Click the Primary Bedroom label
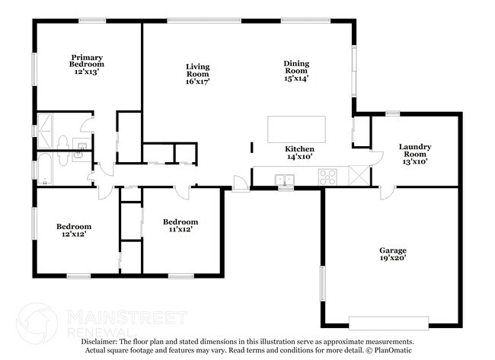[x=87, y=65]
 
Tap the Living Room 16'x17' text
[x=198, y=74]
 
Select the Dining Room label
[x=296, y=71]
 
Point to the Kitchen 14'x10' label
[x=299, y=152]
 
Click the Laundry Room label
[x=415, y=154]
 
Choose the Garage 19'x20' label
[x=393, y=254]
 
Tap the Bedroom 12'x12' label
[x=74, y=230]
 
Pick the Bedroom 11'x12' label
[x=180, y=225]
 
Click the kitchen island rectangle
[x=296, y=129]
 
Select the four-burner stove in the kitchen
[x=327, y=177]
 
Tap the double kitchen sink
[x=285, y=180]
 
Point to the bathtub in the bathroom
[x=45, y=169]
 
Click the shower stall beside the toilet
[x=45, y=131]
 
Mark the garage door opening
[x=388, y=323]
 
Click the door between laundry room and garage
[x=388, y=192]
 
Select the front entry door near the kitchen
[x=241, y=183]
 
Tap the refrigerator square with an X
[x=359, y=175]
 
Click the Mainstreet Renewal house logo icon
[x=37, y=323]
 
